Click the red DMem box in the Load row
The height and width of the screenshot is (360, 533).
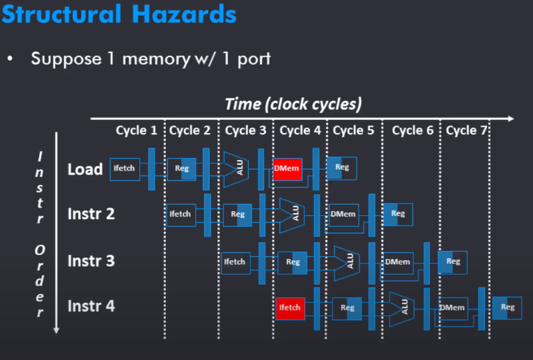tap(287, 168)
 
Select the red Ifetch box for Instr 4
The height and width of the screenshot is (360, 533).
tap(290, 308)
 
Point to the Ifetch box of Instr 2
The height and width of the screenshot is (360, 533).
tap(180, 214)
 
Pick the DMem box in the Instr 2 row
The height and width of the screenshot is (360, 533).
tap(343, 214)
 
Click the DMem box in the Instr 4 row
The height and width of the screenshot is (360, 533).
tap(453, 308)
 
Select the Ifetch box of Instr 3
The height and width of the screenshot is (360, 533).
tap(234, 261)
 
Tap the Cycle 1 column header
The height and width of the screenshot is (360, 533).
tap(137, 130)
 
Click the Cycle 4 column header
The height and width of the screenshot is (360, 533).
tap(300, 130)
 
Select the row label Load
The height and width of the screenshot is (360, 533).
tap(85, 169)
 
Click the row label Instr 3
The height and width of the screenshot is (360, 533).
tap(91, 261)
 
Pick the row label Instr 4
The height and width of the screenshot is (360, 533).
tap(91, 305)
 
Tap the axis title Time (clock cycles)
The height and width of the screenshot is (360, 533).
tap(293, 104)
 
